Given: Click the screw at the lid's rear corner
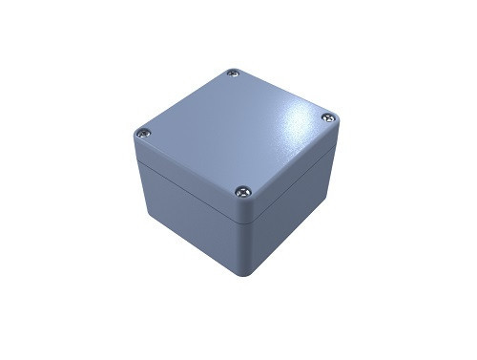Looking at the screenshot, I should click(x=234, y=74).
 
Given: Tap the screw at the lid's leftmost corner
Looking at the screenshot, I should click(x=144, y=133).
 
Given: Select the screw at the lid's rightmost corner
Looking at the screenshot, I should click(x=327, y=117).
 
